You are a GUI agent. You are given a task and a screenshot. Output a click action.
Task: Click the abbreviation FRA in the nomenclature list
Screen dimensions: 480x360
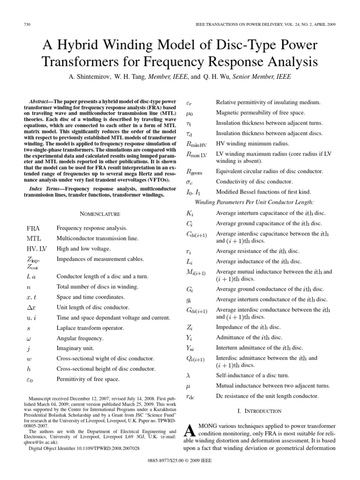[33, 228]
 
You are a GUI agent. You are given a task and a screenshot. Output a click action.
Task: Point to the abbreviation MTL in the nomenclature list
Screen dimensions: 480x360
[34, 239]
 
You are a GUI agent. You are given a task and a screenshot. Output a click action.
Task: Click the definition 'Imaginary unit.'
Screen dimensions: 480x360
[75, 348]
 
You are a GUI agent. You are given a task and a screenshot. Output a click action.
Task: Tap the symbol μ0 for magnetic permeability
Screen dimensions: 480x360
[189, 112]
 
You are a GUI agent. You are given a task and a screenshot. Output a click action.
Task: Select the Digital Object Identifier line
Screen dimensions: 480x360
[84, 449]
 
